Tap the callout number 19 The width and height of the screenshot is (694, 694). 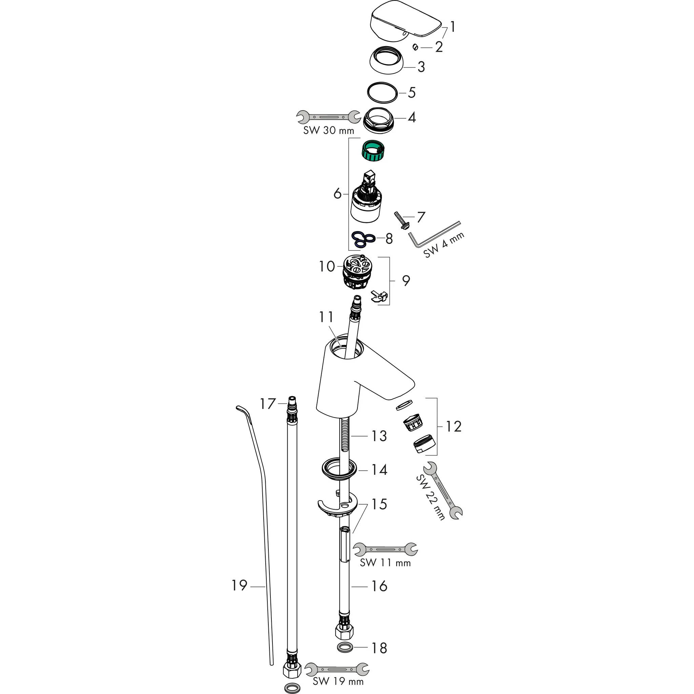(240, 586)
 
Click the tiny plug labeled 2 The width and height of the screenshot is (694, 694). (415, 47)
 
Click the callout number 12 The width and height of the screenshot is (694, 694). (454, 426)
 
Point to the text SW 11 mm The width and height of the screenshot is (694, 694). (385, 563)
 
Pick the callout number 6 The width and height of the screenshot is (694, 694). (338, 194)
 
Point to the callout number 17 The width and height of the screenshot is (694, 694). (268, 404)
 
